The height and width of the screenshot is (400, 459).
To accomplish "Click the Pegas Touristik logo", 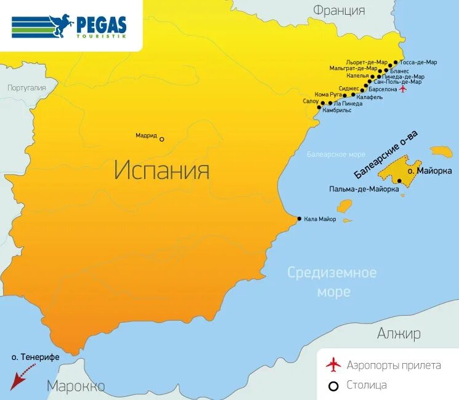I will pos(69,26).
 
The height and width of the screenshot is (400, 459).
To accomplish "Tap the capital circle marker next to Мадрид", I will pos(162,139).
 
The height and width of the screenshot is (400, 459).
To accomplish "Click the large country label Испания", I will pos(162,170).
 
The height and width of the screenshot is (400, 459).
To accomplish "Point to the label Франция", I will pos(338,10).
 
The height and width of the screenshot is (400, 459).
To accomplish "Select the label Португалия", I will pos(26,88).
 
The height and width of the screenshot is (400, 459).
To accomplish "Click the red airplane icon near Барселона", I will pos(403,89).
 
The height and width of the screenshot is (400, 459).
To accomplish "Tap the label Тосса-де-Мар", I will pos(418,62).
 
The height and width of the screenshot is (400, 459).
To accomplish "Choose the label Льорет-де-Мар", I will pos(367,62).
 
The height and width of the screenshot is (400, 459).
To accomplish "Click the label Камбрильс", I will pos(337,111).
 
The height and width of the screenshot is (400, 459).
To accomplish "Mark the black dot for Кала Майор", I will pos(300,218).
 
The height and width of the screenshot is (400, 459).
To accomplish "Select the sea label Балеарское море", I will pos(336,154).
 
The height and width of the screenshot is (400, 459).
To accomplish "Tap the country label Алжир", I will pos(399,334).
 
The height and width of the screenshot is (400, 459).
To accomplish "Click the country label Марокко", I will pos(75,386).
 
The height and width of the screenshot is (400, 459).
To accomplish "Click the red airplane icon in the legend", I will pos(333,365).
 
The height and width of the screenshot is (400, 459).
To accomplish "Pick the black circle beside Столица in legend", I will pos(333,386).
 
